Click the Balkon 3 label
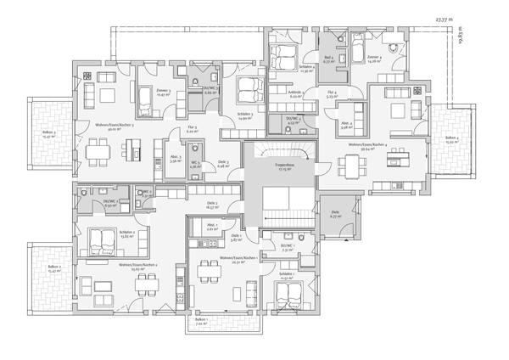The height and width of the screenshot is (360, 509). (49, 132)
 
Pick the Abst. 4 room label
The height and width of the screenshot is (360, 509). (345, 126)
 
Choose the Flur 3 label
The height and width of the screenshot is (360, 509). (193, 128)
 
